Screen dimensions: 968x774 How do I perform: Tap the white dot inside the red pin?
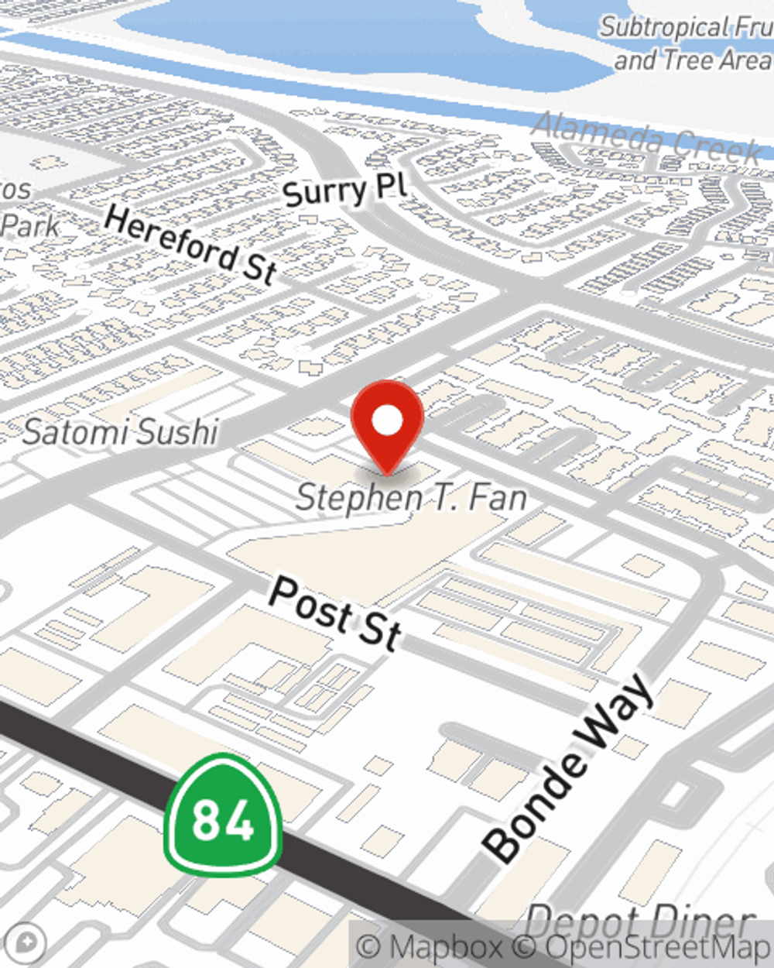(387, 420)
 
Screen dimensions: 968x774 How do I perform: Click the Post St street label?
(335, 613)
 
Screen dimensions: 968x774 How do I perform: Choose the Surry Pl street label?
(344, 191)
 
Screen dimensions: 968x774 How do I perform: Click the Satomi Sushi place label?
(121, 432)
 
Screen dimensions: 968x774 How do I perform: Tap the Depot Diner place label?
(639, 922)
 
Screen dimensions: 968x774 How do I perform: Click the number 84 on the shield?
(223, 819)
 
